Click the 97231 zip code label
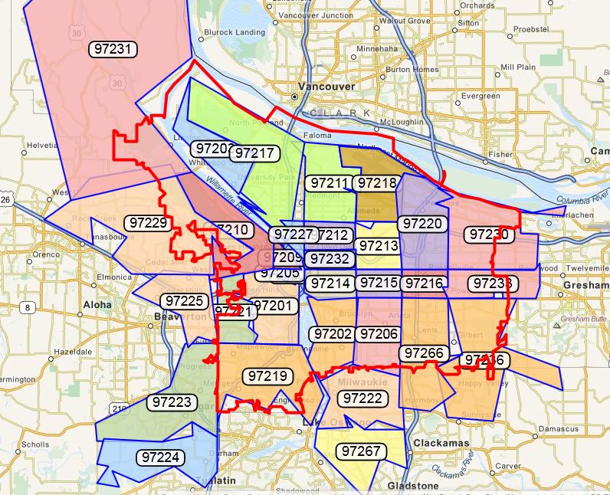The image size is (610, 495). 114,48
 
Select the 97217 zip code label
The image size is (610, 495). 254,152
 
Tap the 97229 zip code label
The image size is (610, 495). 148,222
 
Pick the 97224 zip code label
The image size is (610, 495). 162,457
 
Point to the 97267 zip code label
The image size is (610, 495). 362,451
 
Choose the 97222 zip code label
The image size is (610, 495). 362,398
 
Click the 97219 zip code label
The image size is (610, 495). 267,375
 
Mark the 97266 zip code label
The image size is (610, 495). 424,353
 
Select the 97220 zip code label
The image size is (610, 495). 423,223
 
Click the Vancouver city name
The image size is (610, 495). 327,87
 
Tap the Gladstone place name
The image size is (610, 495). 414,486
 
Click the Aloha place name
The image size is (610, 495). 97,304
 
